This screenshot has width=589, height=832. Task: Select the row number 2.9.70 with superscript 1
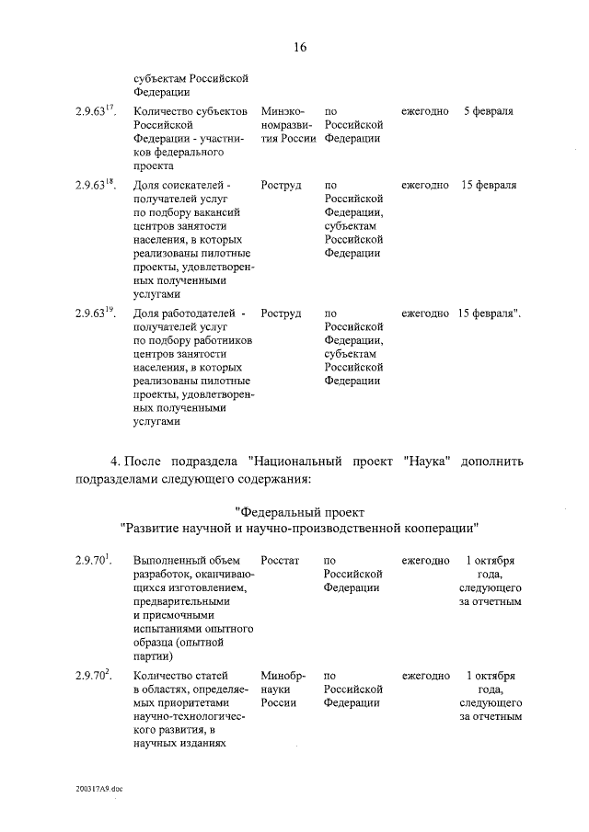click(94, 560)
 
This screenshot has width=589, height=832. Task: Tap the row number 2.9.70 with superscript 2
click(94, 675)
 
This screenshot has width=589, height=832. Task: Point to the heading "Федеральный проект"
click(300, 511)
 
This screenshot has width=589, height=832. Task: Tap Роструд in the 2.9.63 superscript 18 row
click(281, 185)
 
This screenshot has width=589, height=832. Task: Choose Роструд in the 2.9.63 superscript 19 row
click(281, 313)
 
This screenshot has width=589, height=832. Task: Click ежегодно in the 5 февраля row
click(425, 111)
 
